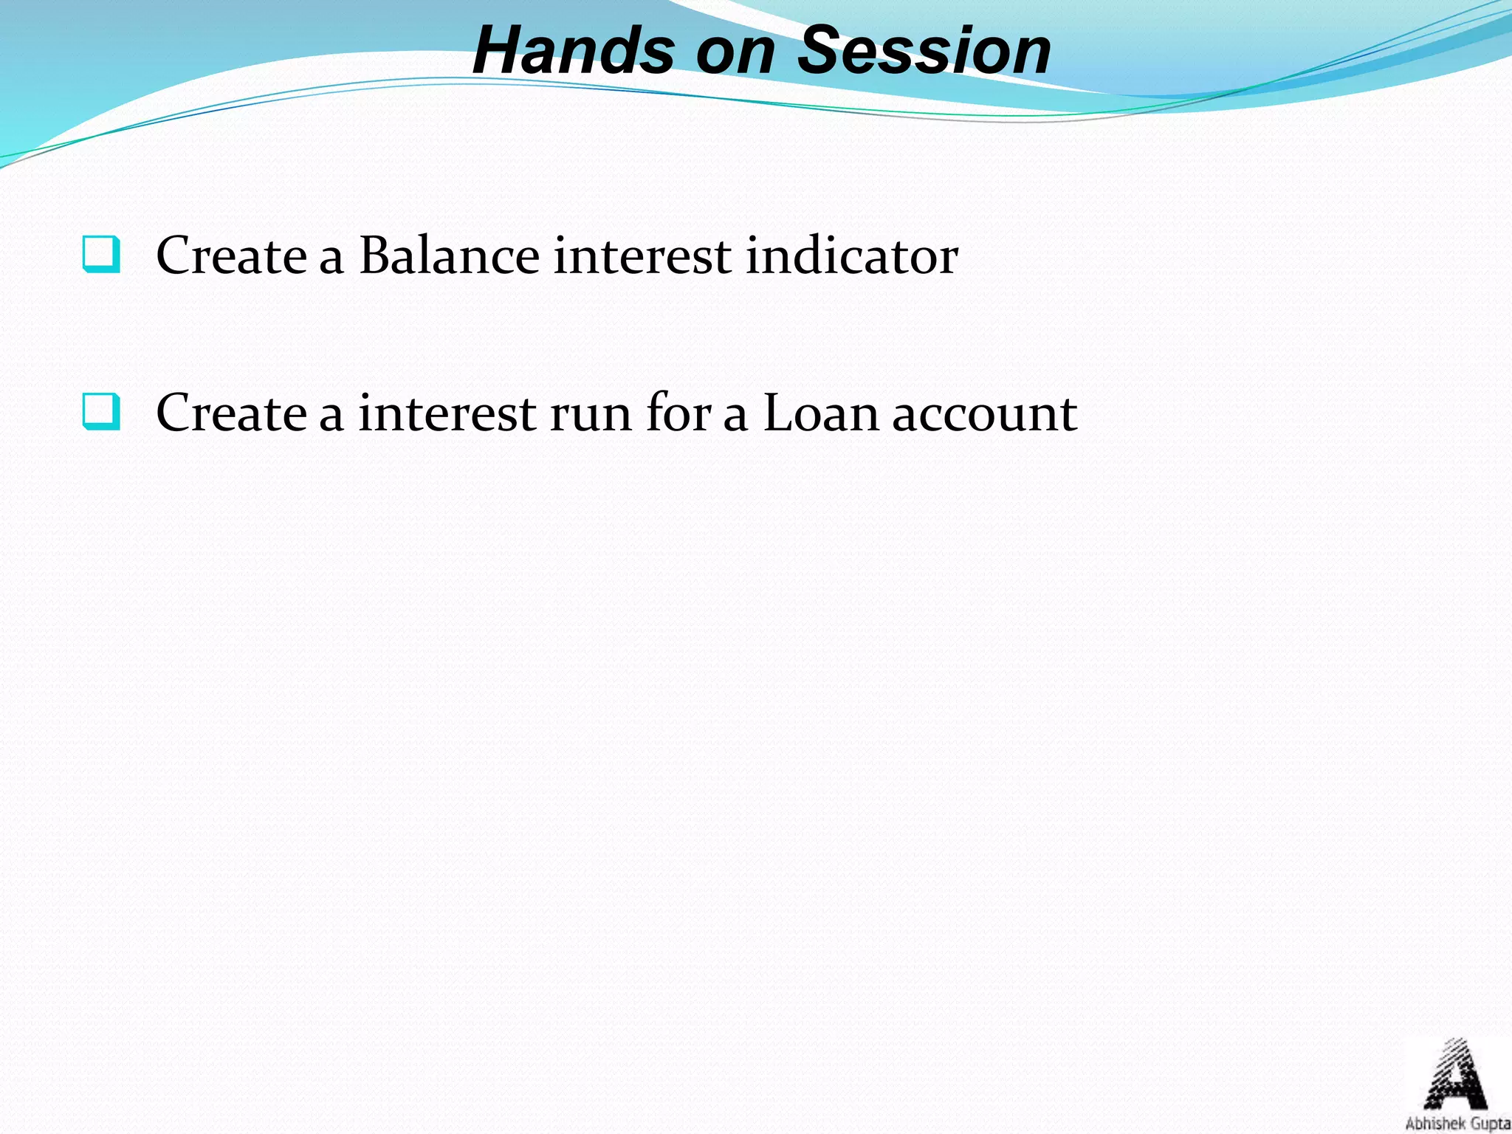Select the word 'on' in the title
(x=735, y=53)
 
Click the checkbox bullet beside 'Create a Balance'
(x=101, y=254)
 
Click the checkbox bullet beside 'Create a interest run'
(x=101, y=411)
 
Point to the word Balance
(x=449, y=255)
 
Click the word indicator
(x=851, y=255)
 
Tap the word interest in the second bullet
(x=447, y=413)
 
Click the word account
(x=984, y=414)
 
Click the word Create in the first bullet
(x=231, y=255)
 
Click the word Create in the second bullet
(x=231, y=413)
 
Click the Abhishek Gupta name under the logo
(x=1457, y=1124)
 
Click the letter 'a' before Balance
(x=331, y=258)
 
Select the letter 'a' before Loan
(x=735, y=416)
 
